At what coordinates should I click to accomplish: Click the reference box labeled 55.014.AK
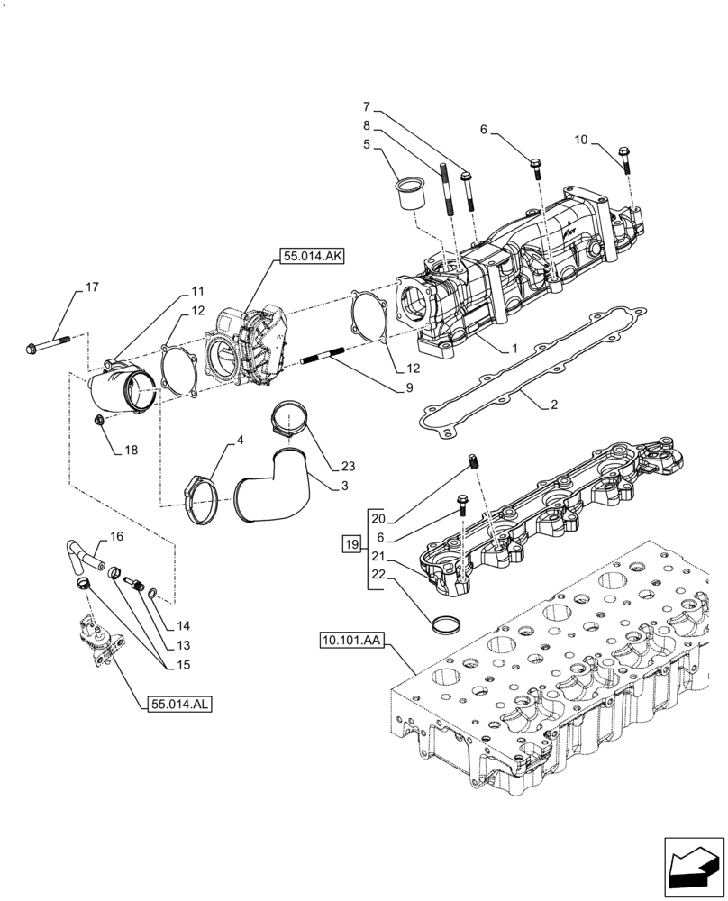tap(312, 257)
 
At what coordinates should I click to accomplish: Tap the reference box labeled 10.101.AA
tap(351, 641)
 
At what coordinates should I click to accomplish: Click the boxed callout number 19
tap(351, 543)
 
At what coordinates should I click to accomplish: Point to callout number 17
tap(92, 287)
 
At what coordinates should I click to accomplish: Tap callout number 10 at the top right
tap(580, 140)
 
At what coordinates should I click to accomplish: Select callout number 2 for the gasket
tap(554, 405)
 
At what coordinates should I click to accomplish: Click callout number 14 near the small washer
tap(184, 624)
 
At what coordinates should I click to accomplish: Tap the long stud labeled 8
tap(445, 191)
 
